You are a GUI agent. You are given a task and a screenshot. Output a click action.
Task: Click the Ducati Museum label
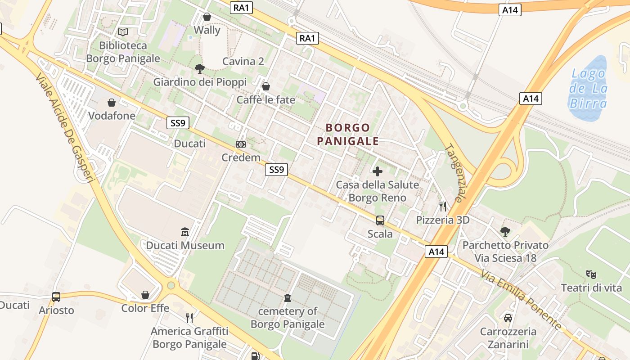tap(185, 245)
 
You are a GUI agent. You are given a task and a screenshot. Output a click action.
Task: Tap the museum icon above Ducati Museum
tap(185, 232)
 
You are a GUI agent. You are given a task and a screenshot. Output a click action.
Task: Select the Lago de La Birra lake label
tap(588, 88)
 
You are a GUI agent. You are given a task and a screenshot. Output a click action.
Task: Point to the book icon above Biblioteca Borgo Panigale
tap(123, 32)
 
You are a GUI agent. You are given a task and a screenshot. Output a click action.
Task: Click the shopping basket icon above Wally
tap(207, 17)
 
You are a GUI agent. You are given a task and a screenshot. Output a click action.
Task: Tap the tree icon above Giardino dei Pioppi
tap(200, 69)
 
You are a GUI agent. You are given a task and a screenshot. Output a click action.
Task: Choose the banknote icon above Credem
tap(241, 144)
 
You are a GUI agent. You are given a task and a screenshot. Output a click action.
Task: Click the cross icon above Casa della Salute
tap(378, 171)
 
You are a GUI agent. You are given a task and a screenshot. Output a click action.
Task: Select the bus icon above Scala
tap(380, 220)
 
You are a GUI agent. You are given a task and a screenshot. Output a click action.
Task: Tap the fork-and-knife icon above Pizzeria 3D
tap(443, 207)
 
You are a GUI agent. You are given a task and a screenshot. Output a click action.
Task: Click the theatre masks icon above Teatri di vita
tap(591, 274)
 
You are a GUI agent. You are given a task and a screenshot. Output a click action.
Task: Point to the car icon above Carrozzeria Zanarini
tap(508, 318)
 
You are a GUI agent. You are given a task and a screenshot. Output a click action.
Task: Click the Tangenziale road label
tap(455, 173)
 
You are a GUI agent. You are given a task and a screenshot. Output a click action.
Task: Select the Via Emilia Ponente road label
tap(521, 300)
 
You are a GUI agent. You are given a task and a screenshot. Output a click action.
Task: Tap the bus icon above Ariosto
tap(56, 297)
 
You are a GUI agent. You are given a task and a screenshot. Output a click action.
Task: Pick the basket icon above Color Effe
tap(145, 295)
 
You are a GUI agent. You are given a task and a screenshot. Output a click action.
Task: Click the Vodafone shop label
tap(112, 116)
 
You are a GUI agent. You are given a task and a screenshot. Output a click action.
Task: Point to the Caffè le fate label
tap(266, 99)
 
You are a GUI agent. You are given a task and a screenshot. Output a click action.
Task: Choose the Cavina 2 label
tap(243, 61)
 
